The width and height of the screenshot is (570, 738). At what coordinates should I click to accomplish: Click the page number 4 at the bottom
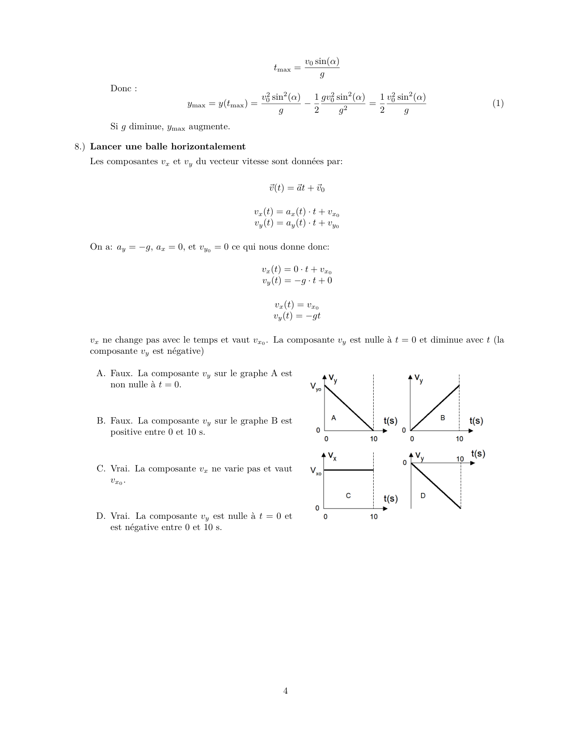[x=285, y=691]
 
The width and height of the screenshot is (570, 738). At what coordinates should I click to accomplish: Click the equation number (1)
[x=498, y=103]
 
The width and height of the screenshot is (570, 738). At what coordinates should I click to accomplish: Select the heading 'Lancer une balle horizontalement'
[x=168, y=147]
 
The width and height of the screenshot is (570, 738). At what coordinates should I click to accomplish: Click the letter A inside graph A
[x=334, y=418]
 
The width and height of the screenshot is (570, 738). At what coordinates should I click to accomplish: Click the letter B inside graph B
[x=443, y=418]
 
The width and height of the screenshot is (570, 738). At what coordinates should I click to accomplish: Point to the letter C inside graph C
[x=348, y=496]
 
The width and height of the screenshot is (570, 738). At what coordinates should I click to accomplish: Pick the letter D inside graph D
[x=423, y=495]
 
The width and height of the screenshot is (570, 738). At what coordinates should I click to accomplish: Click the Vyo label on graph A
[x=316, y=387]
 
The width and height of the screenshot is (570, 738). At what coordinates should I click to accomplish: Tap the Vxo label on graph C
[x=316, y=471]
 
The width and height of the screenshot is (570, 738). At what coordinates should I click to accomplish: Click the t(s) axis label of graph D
[x=478, y=454]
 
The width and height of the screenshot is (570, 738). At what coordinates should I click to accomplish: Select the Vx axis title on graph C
[x=332, y=457]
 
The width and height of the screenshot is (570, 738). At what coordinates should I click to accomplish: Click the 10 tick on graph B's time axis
[x=460, y=439]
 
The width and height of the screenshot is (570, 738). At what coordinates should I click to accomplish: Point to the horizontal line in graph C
[x=348, y=470]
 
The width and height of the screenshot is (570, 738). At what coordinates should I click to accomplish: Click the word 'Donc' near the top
[x=121, y=89]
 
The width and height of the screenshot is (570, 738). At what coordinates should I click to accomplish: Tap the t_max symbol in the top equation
[x=282, y=68]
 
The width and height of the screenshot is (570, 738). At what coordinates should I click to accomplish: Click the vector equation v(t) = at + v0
[x=297, y=188]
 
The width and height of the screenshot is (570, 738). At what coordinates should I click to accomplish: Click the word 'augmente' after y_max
[x=209, y=127]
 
